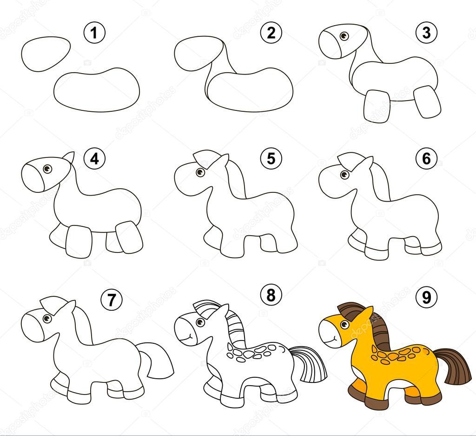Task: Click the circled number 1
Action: click(x=94, y=33)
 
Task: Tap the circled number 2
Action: click(x=271, y=33)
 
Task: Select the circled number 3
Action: click(x=427, y=33)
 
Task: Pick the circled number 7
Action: click(x=112, y=300)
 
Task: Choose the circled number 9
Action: click(x=427, y=297)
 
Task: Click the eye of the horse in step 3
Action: click(x=344, y=36)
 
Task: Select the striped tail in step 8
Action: click(x=310, y=364)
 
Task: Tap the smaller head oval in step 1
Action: click(x=46, y=54)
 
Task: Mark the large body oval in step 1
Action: click(x=97, y=89)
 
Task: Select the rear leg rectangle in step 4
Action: click(x=129, y=237)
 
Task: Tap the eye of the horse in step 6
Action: click(x=344, y=175)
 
